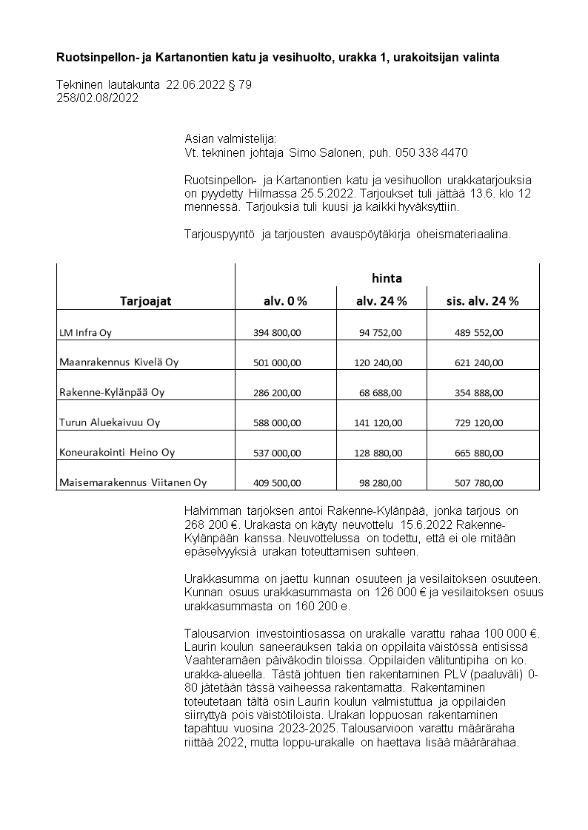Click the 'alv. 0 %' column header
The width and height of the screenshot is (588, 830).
coord(285,301)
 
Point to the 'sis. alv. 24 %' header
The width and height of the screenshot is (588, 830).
coord(482,301)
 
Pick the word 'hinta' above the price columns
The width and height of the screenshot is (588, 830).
coord(387,278)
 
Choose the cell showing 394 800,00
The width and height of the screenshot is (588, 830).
coord(277,333)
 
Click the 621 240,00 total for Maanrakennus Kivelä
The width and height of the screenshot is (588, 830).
coord(478,363)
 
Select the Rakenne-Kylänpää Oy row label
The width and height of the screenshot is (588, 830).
coord(112,393)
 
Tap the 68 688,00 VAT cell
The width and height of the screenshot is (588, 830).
coord(381,393)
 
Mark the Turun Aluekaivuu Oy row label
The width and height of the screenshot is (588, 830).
coord(110,423)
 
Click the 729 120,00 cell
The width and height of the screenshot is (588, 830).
coord(478,423)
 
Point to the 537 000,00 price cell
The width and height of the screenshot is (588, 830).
coord(277,453)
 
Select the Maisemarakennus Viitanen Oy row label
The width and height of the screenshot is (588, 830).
coord(133,483)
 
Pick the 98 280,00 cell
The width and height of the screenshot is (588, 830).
coord(381,483)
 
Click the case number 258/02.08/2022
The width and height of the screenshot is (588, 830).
coord(97,98)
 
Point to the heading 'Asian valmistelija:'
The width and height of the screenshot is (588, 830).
coord(230,139)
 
